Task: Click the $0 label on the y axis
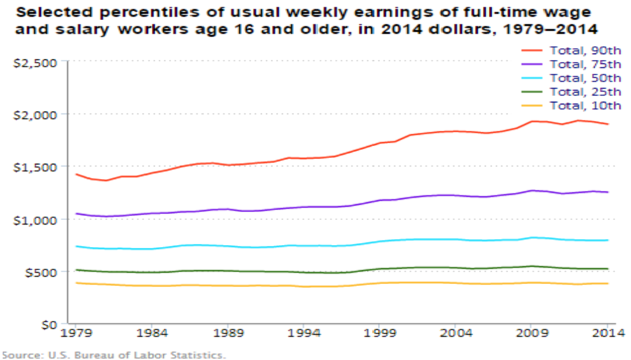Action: coord(46,324)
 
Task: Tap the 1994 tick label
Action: coord(304,335)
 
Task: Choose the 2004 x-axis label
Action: coord(456,335)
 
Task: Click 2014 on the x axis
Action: coord(607,335)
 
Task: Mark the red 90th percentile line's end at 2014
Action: coord(607,124)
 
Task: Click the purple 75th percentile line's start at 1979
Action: coord(77,213)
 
